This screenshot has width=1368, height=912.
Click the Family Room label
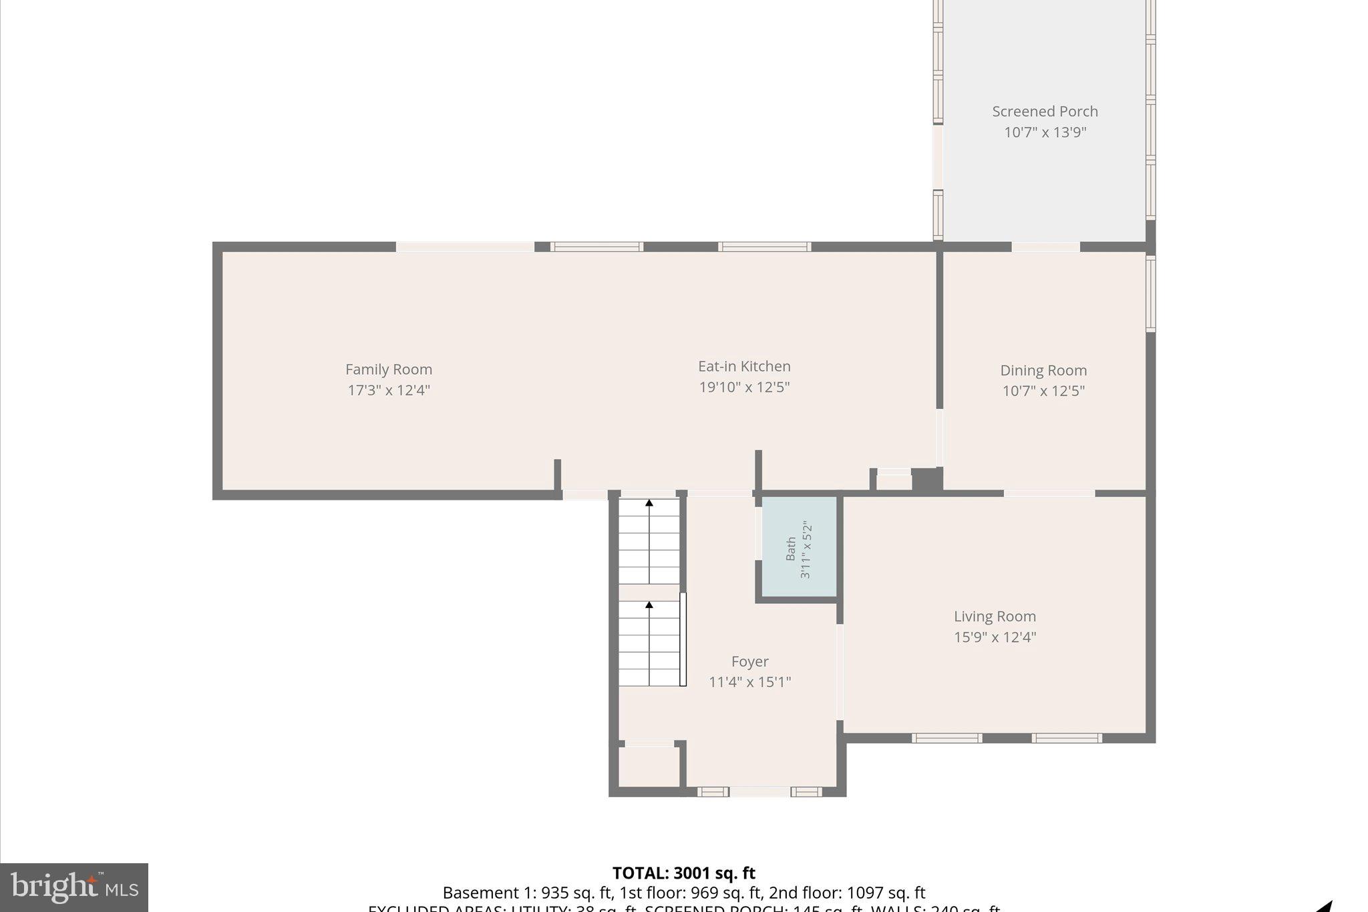388,369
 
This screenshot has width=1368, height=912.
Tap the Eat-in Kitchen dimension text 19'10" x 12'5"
744,388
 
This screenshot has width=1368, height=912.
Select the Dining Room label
1043,371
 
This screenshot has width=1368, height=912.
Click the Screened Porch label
1045,112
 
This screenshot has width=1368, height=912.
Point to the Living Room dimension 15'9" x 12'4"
995,637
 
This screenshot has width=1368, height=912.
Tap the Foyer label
749,661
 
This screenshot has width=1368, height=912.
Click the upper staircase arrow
649,503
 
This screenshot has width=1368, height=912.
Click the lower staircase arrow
649,605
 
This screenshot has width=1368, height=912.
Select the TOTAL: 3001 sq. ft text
683,873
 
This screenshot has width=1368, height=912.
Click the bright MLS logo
74,887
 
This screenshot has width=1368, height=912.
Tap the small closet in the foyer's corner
649,766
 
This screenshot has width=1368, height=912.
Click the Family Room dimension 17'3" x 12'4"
388,390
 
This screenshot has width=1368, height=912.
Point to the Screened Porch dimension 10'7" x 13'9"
1045,132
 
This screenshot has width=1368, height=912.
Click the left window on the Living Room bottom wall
947,738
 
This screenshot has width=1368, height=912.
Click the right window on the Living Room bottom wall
1066,738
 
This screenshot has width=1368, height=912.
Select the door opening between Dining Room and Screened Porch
1045,247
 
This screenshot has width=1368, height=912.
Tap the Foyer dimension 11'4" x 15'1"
749,682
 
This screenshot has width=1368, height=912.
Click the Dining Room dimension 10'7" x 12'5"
1043,392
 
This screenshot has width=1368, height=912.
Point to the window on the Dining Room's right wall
1150,294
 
